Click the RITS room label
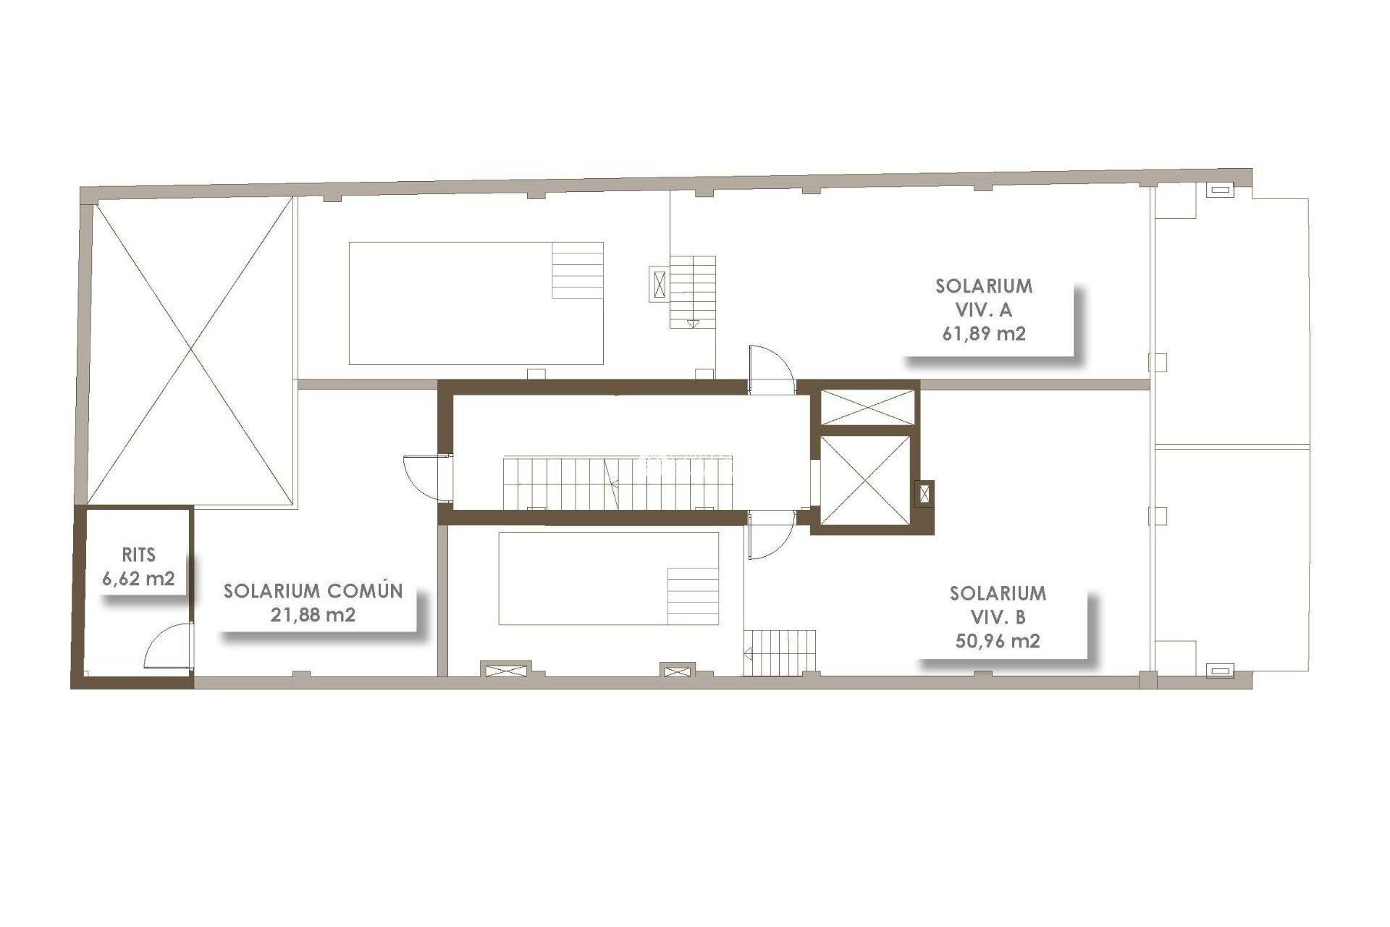pos(138,555)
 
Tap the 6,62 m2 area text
pos(138,579)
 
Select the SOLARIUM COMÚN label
pos(313,591)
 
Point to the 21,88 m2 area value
pos(313,615)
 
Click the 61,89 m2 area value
pos(984,334)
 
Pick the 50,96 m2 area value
pos(998,641)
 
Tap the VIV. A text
pos(984,310)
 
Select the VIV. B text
pos(998,617)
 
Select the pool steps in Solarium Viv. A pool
pos(578,270)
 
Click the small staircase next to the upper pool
pos(693,291)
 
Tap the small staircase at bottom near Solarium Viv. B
pos(783,653)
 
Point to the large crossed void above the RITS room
pos(192,351)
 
